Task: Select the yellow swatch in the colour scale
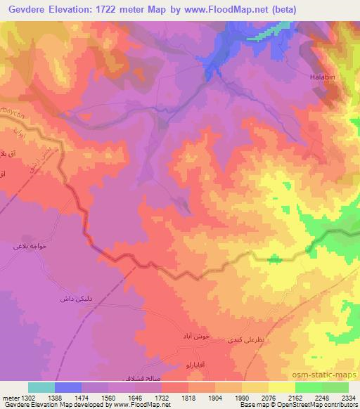click(x=282, y=387)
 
